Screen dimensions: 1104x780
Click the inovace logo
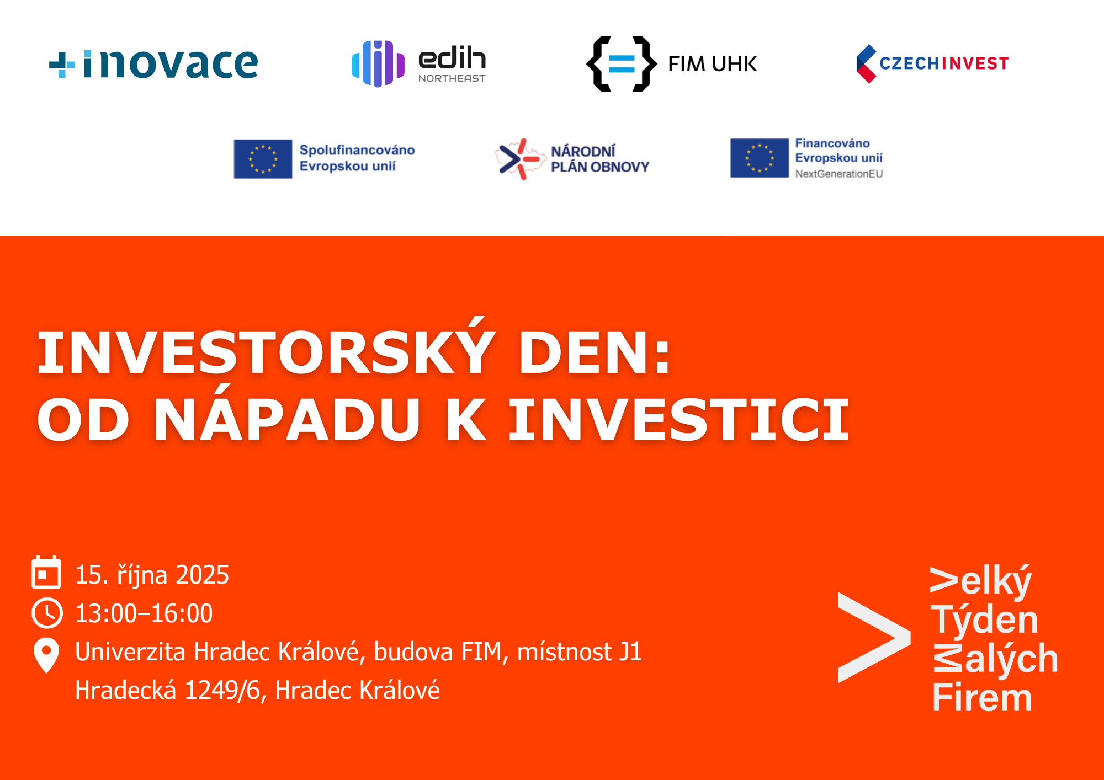coord(153,64)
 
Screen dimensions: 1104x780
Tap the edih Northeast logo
coord(418,63)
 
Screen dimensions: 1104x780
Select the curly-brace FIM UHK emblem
coord(622,64)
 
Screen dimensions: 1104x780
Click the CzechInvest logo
coord(932,63)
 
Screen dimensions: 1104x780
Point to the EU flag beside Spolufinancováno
coord(263,159)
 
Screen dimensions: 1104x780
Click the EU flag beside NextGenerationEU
coord(760,158)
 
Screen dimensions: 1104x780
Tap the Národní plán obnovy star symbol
coord(519,159)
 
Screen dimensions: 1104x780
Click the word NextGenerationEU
coord(839,174)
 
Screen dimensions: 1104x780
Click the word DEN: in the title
coord(595,352)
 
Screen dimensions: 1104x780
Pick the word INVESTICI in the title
coord(678,420)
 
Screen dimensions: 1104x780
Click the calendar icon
coord(46,572)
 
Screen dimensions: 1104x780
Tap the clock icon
coord(47,613)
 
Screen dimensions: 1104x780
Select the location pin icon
coord(46,655)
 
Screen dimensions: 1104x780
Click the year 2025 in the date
coord(202,575)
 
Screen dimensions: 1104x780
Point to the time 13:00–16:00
coord(144,613)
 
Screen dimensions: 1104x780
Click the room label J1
coord(630,652)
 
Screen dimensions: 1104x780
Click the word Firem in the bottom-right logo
coord(982,698)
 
